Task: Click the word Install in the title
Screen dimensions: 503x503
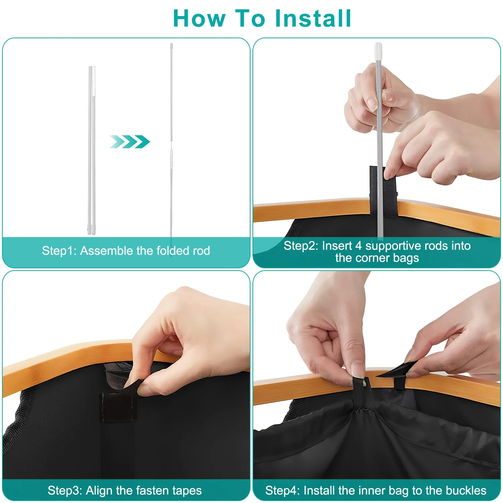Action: coord(313,18)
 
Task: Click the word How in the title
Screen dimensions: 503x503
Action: coord(199,18)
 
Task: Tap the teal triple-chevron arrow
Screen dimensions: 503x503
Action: coord(129,142)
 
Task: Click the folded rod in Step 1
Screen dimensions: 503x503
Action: coord(92,150)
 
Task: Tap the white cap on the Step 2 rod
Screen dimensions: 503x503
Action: coord(378,51)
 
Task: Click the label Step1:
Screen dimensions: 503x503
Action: coord(59,251)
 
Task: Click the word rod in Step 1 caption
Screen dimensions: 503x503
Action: coord(201,251)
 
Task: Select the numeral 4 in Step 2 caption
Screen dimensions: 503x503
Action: coord(358,246)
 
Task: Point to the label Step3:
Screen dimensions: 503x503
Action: coord(65,491)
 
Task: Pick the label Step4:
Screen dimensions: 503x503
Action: coord(283,491)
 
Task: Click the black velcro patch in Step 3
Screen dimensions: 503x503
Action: coord(118,407)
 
